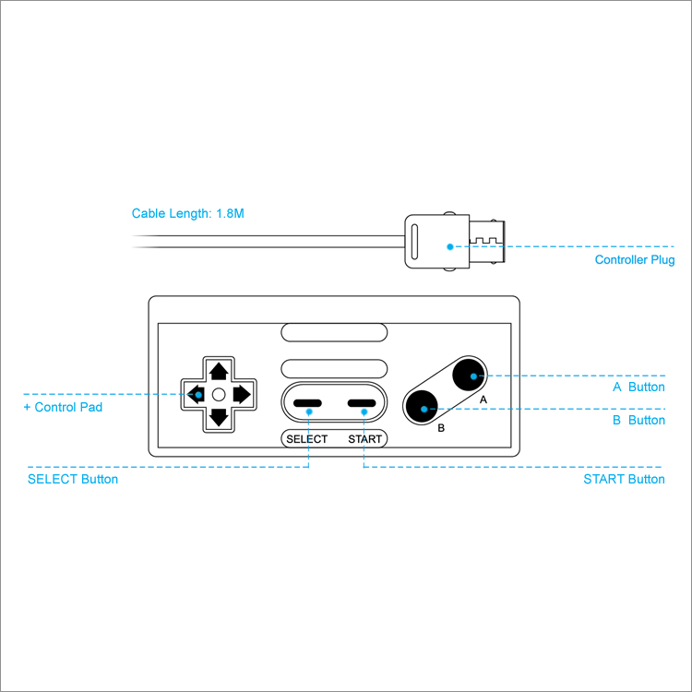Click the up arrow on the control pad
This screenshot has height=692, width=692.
click(x=219, y=372)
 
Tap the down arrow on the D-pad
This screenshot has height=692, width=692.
click(x=219, y=416)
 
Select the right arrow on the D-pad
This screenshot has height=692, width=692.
click(x=241, y=395)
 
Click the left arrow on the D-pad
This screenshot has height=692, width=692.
click(x=197, y=395)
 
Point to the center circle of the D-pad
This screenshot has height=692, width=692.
click(x=219, y=395)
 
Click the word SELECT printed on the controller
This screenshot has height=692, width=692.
click(x=306, y=439)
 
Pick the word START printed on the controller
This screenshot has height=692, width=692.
click(x=365, y=439)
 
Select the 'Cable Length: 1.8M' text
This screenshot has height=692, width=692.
click(x=188, y=213)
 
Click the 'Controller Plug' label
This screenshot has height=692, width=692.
click(x=635, y=260)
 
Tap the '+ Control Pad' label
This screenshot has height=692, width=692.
click(x=63, y=407)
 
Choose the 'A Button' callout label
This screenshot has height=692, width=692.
click(x=638, y=387)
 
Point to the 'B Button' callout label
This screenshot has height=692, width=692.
click(x=638, y=420)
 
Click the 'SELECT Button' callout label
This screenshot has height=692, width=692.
click(x=73, y=480)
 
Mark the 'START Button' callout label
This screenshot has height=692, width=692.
click(x=624, y=480)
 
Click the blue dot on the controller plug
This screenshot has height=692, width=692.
click(x=450, y=247)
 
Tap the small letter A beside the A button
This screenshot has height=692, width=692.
click(x=483, y=400)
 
